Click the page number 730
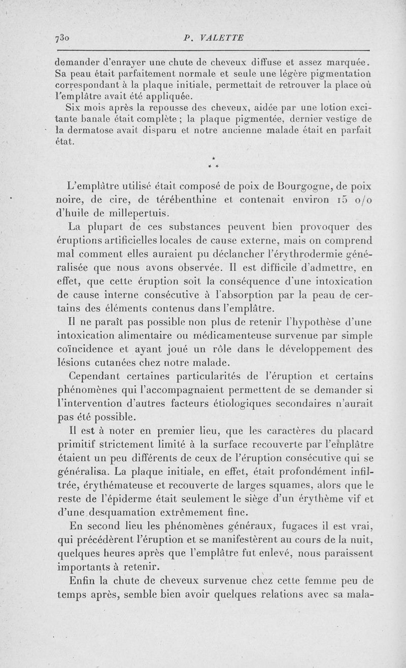click(63, 37)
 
